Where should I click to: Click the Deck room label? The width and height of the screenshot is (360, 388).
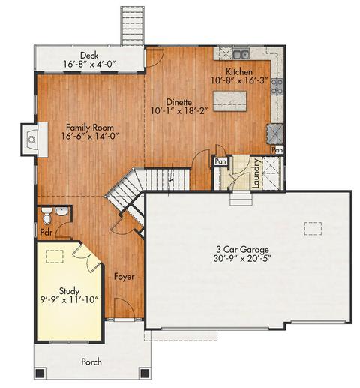pyautogui.click(x=89, y=56)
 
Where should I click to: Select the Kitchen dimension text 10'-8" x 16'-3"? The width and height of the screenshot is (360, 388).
pyautogui.click(x=239, y=81)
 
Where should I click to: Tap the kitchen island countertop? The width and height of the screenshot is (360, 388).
pyautogui.click(x=229, y=101)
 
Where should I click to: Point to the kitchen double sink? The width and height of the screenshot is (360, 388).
pyautogui.click(x=241, y=53)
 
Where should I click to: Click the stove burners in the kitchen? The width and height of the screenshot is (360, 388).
pyautogui.click(x=277, y=86)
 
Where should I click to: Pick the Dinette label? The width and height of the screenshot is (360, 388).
pyautogui.click(x=179, y=102)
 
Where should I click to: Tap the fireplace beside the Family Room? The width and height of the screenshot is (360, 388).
pyautogui.click(x=34, y=140)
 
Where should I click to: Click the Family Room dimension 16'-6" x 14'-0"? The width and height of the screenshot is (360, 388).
pyautogui.click(x=90, y=137)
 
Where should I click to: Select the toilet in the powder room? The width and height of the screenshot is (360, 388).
pyautogui.click(x=46, y=215)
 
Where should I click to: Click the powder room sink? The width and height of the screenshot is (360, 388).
pyautogui.click(x=61, y=212)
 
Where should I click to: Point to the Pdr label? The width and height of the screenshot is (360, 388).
pyautogui.click(x=46, y=233)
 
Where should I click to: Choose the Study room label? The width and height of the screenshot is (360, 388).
pyautogui.click(x=69, y=291)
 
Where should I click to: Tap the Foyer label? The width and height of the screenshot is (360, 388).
pyautogui.click(x=124, y=277)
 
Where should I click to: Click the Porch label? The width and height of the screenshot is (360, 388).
pyautogui.click(x=91, y=362)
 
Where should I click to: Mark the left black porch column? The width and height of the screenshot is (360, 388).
pyautogui.click(x=40, y=374)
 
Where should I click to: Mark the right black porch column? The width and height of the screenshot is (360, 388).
pyautogui.click(x=145, y=374)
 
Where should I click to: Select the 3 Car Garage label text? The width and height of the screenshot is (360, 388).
pyautogui.click(x=242, y=249)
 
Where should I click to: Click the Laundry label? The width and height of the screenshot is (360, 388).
pyautogui.click(x=256, y=173)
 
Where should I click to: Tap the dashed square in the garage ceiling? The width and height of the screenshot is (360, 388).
pyautogui.click(x=313, y=229)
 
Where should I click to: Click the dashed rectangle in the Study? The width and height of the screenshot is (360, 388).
pyautogui.click(x=55, y=257)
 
